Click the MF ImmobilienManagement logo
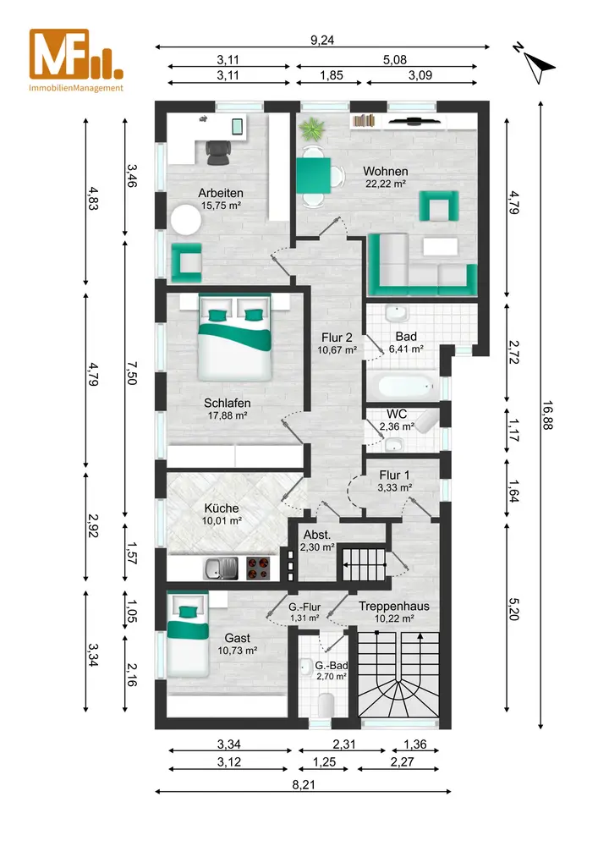coord(76,60)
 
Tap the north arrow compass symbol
coord(535,63)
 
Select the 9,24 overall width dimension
coord(322,40)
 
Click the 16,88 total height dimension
coord(548,415)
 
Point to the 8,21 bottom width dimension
coord(304,784)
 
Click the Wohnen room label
coord(386,171)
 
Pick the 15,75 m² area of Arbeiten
coord(221,206)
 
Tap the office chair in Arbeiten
coord(217,151)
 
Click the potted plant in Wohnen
coord(312,129)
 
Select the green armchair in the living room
coord(439,206)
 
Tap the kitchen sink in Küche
coord(221,569)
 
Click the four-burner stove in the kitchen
coord(258,569)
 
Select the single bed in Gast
coord(188,634)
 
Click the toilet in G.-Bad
coord(326,705)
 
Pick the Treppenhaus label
coord(394,606)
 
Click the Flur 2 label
coord(337,338)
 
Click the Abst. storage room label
coord(317,535)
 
